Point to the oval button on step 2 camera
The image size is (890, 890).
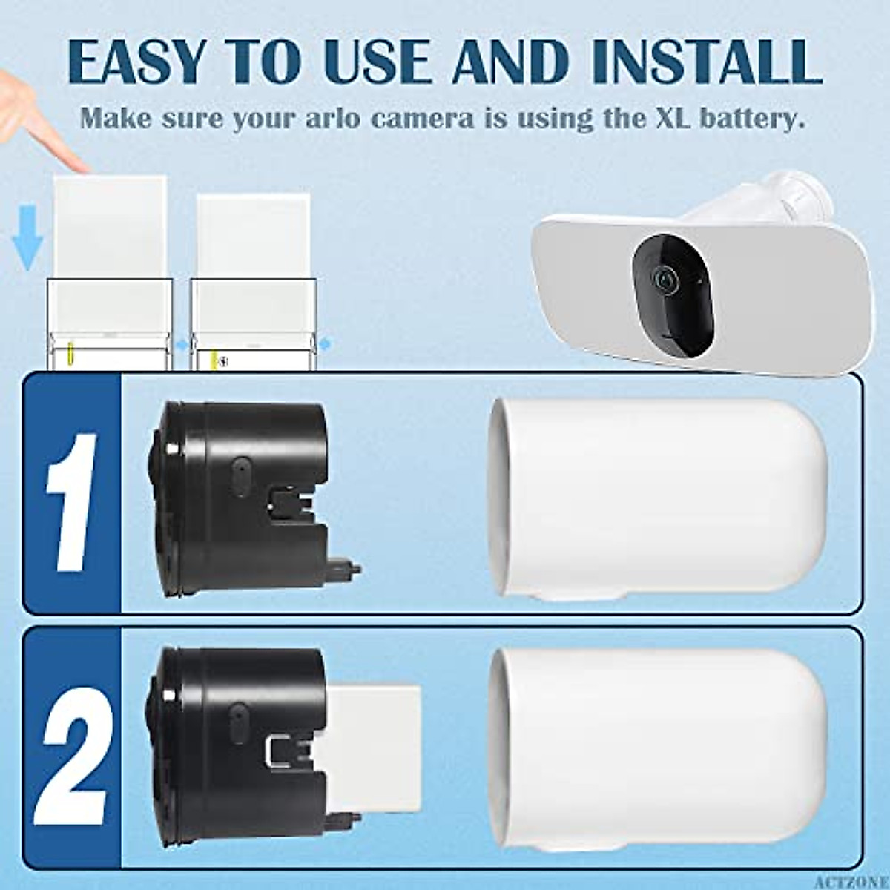tap(240, 717)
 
